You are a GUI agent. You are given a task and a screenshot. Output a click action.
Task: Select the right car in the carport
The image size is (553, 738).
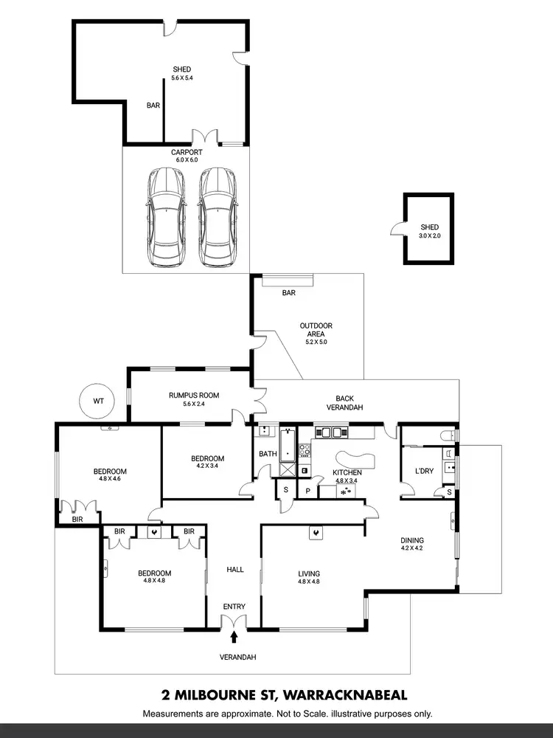point(217,217)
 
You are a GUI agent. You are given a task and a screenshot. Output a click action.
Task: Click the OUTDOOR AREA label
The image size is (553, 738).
point(316,330)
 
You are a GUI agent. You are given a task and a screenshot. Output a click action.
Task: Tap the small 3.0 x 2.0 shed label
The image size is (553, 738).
point(429,227)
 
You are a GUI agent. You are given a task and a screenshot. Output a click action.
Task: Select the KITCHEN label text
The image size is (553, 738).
point(346,472)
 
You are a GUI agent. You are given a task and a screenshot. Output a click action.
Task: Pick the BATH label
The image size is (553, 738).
point(266,454)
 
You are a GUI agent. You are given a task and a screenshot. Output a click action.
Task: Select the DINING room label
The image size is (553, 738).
point(412,540)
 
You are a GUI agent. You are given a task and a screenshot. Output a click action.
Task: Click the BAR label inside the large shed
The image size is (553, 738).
point(153,106)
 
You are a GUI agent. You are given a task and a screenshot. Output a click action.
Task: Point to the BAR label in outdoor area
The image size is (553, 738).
point(288,293)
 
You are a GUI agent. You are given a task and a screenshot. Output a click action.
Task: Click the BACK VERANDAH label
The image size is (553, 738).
point(346,402)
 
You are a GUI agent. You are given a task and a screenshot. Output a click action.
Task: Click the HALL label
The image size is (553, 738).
point(234,570)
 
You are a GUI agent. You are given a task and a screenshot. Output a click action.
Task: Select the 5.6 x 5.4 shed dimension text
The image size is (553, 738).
point(181,77)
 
